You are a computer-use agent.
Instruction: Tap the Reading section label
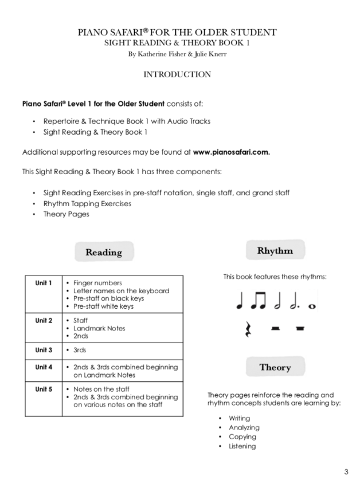104,252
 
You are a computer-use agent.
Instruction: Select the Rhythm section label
275,250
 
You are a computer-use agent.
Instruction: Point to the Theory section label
275,367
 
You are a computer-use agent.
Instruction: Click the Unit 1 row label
44,283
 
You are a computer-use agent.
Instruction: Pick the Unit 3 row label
44,350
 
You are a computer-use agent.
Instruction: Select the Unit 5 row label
44,389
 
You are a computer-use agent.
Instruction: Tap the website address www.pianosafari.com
232,152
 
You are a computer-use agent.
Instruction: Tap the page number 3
346,472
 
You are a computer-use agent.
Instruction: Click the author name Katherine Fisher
155,54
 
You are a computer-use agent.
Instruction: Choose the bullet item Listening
242,446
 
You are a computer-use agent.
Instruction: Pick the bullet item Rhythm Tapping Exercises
87,203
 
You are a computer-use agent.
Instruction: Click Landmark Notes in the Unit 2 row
99,328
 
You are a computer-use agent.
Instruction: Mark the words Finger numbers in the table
97,283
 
